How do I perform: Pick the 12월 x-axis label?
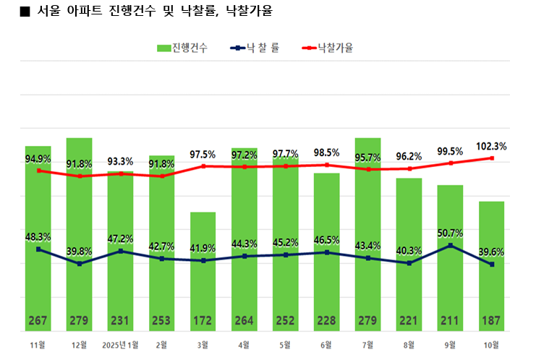80,344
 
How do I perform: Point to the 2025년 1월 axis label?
121,344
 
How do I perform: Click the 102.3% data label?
492,146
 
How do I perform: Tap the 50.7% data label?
451,233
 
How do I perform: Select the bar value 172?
203,321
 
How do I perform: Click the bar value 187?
492,321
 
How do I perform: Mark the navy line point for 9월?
451,246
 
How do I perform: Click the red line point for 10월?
492,158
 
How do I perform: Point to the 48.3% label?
38,236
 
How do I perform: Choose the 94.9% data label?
38,159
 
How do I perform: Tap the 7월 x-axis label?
368,344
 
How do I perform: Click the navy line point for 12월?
80,264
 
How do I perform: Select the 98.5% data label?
327,153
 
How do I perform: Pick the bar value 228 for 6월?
327,321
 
